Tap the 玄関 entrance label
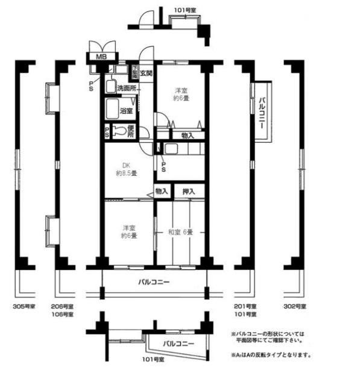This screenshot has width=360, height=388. point(146,74)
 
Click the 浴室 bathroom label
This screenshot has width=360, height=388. point(126,111)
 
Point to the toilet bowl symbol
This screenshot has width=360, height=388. point(120,131)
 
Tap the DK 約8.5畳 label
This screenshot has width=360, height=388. point(127,169)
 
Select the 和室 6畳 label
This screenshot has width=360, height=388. point(181,232)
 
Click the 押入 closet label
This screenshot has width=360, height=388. point(189,192)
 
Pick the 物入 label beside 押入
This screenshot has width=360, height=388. point(162,192)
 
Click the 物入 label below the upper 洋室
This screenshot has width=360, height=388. point(188,136)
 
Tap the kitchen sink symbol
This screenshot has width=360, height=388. point(171,149)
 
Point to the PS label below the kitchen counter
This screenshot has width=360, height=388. point(163,164)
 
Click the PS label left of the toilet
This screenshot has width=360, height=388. point(107,132)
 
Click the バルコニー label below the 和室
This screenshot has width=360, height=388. point(154,282)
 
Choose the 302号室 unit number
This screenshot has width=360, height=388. point(295,307)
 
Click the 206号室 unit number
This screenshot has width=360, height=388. point(63,307)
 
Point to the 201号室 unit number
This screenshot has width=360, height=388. point(245,307)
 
